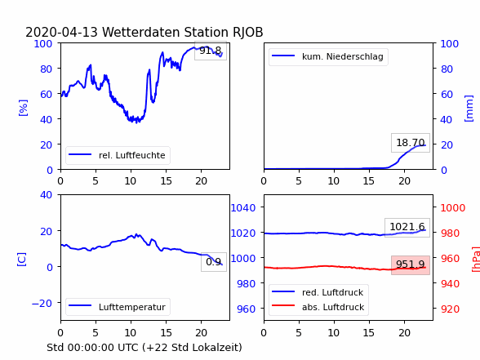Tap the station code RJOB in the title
(247, 32)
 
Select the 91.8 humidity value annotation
(211, 51)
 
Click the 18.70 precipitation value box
(411, 143)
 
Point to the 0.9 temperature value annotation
(214, 262)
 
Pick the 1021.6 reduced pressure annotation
(407, 227)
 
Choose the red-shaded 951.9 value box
(411, 264)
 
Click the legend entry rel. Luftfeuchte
(118, 155)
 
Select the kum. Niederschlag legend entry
(328, 56)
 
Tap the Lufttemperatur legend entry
(118, 307)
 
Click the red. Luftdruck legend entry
(318, 292)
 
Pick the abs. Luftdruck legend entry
(318, 307)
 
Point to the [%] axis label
(23, 108)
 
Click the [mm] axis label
(469, 109)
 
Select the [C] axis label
(22, 260)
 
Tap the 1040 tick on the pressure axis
(243, 208)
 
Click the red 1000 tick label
(453, 208)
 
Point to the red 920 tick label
(450, 309)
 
